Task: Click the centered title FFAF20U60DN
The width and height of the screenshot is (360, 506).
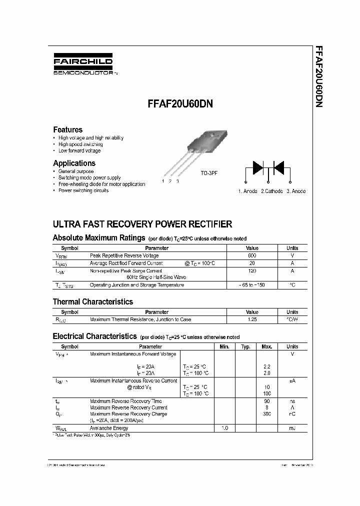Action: point(180,104)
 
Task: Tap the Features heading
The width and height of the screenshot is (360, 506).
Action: point(67,129)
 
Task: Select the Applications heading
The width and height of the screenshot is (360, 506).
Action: point(74,163)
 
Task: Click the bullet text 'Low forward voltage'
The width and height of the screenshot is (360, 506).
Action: point(79,150)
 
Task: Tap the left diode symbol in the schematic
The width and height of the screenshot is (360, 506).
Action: point(257,167)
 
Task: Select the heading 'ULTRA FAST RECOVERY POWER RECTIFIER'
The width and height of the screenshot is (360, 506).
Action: point(142,224)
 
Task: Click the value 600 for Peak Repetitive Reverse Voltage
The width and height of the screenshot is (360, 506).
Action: point(252,255)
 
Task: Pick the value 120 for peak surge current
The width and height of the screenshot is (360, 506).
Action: point(252,270)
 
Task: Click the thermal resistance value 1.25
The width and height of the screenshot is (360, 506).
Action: point(252,319)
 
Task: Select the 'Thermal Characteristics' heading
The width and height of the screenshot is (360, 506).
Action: point(93,302)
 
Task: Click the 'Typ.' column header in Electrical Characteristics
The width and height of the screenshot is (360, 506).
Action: point(245,346)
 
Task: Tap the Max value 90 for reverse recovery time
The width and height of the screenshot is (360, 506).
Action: point(266,401)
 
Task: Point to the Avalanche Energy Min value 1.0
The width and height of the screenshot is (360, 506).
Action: point(224,428)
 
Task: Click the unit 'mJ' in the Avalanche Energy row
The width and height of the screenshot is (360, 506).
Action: point(292,428)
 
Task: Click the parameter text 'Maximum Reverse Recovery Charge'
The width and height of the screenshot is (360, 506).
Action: point(128,414)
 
